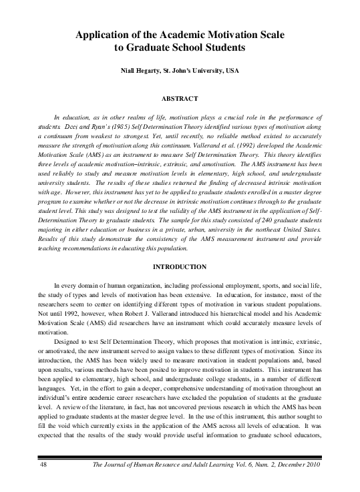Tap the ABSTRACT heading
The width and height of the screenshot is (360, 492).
coord(180,99)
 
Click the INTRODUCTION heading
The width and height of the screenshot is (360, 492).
coord(180,267)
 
